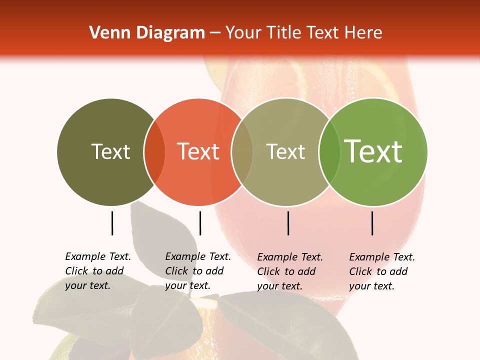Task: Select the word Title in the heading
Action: [283, 33]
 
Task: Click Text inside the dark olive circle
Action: [110, 151]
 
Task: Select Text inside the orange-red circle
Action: [198, 151]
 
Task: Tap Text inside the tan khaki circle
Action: [285, 151]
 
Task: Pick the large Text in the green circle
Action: [373, 151]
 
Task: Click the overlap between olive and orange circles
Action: [154, 151]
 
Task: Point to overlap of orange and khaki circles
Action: [242, 151]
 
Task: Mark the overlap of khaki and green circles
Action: [329, 151]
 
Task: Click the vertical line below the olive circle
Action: [112, 223]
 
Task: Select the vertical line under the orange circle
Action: [200, 223]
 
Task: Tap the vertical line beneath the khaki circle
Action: [288, 223]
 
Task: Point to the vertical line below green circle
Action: [372, 223]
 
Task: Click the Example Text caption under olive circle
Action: [98, 271]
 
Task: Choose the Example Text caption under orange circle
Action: [198, 271]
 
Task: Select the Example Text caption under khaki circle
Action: [290, 271]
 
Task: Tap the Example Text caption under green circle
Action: [382, 271]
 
